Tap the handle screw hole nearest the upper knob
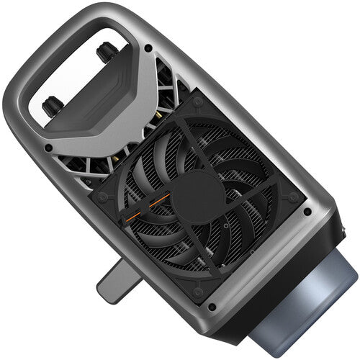pos(148,48)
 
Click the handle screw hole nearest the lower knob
pos(49,148)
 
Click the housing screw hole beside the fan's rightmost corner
pos(308,212)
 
